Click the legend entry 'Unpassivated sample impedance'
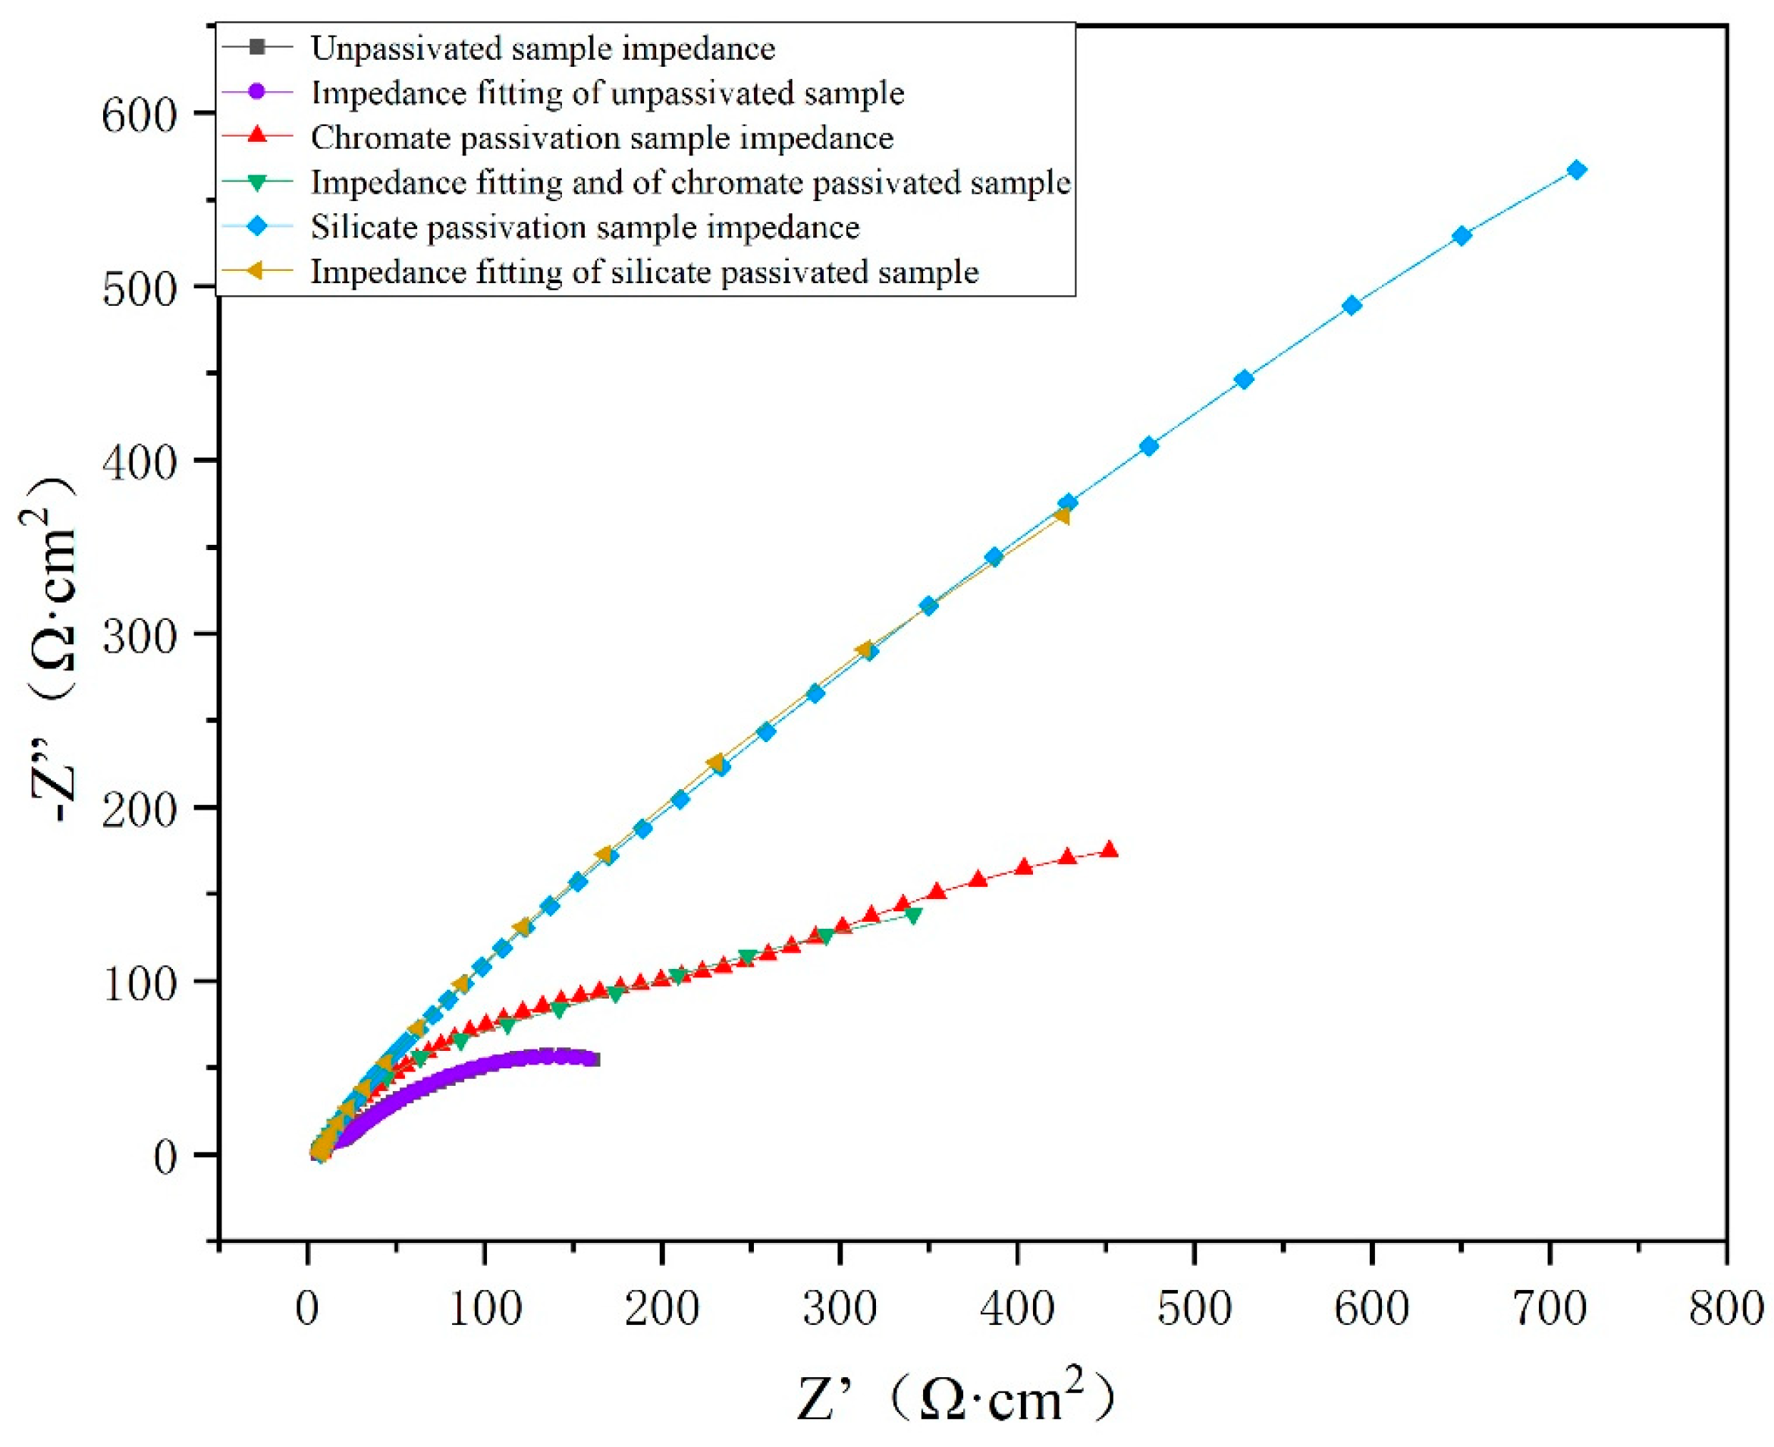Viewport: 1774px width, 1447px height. [542, 49]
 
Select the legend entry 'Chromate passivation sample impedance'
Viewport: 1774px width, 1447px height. [601, 137]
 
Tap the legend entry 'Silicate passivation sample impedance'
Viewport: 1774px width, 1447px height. [584, 227]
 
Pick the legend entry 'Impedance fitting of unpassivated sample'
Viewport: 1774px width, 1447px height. [607, 93]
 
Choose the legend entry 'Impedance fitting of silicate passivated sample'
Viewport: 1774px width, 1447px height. [643, 272]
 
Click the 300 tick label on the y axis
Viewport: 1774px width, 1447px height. [140, 635]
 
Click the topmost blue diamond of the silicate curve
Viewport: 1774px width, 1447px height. [1577, 170]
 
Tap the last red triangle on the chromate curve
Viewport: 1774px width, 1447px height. [1109, 849]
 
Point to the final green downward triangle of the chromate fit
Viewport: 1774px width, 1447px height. [913, 915]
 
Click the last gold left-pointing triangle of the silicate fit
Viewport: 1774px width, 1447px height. [1061, 516]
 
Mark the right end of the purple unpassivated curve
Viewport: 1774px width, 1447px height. [592, 1059]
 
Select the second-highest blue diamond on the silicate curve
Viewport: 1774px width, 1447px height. [1461, 236]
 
